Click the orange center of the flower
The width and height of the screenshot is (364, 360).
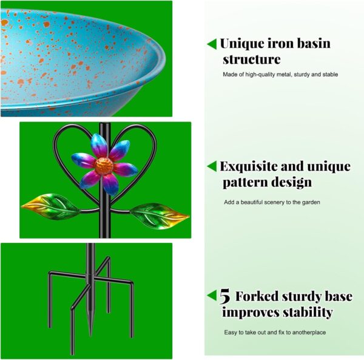(x=104, y=166)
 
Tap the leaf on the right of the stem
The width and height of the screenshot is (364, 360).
(x=160, y=216)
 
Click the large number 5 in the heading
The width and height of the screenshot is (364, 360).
(x=224, y=296)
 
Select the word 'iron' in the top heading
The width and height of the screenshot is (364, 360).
(x=280, y=44)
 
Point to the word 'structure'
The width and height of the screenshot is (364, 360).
(x=251, y=59)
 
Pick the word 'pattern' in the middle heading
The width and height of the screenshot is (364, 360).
(x=245, y=182)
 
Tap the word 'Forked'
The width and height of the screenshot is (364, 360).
(x=257, y=296)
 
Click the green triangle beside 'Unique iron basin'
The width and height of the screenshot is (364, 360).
(x=212, y=44)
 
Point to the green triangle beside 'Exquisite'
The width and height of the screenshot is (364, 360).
(x=212, y=166)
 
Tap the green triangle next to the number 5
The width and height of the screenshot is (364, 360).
(x=212, y=295)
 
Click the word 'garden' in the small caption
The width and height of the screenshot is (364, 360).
(x=311, y=202)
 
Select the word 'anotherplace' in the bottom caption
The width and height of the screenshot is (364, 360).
(x=309, y=332)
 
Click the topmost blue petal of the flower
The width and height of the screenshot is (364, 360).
(x=99, y=145)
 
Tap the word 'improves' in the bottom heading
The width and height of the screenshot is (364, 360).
(x=251, y=313)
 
